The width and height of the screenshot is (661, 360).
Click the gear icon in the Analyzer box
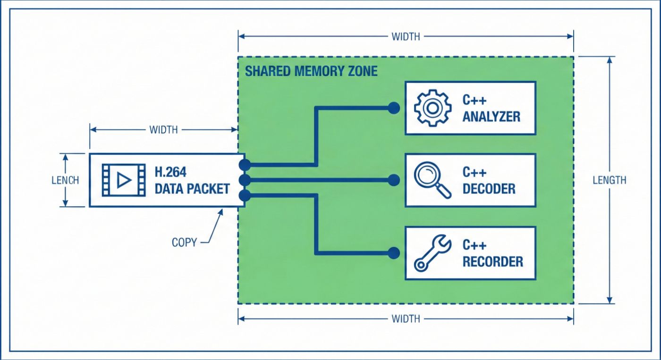coord(430,108)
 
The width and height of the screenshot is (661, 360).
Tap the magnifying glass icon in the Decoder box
coord(431,180)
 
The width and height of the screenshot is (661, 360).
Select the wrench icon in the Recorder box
coord(430,253)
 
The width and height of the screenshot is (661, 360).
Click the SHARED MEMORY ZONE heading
coord(311,71)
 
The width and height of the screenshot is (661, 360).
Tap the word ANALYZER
coord(491,117)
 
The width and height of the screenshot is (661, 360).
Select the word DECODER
coord(489,189)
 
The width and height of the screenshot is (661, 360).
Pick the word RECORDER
coord(492,261)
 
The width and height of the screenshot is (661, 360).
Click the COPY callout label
coord(184,243)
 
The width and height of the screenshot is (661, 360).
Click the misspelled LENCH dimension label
coord(65,180)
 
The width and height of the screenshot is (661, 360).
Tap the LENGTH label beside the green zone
coord(610,180)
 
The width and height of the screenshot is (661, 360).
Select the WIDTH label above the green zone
coord(406,36)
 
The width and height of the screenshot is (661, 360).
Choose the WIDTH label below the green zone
coord(406,319)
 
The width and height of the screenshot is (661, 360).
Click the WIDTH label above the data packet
coord(163,130)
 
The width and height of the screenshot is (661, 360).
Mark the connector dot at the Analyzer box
coord(393,108)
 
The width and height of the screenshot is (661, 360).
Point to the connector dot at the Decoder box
coord(393,180)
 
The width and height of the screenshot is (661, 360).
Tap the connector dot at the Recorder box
coord(393,253)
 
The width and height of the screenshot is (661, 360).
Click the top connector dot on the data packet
coord(245,165)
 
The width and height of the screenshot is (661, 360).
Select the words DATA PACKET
coord(192,189)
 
